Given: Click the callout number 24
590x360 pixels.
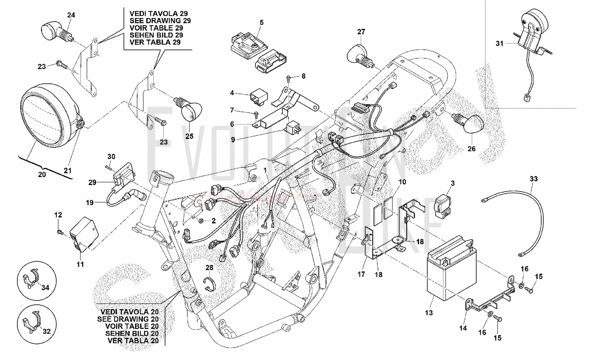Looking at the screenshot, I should click(71, 15).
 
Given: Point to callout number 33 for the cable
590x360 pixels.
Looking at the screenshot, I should click(534, 179).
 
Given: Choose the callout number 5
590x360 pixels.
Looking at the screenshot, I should click(261, 22).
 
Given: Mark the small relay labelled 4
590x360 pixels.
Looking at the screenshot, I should click(258, 96).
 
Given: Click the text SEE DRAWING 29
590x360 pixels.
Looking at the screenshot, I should click(160, 21).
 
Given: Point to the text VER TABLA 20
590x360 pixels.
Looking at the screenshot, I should click(133, 341).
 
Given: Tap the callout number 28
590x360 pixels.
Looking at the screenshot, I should click(209, 268).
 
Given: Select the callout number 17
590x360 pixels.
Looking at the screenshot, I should click(361, 274).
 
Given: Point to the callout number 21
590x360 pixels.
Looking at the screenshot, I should click(68, 170).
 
